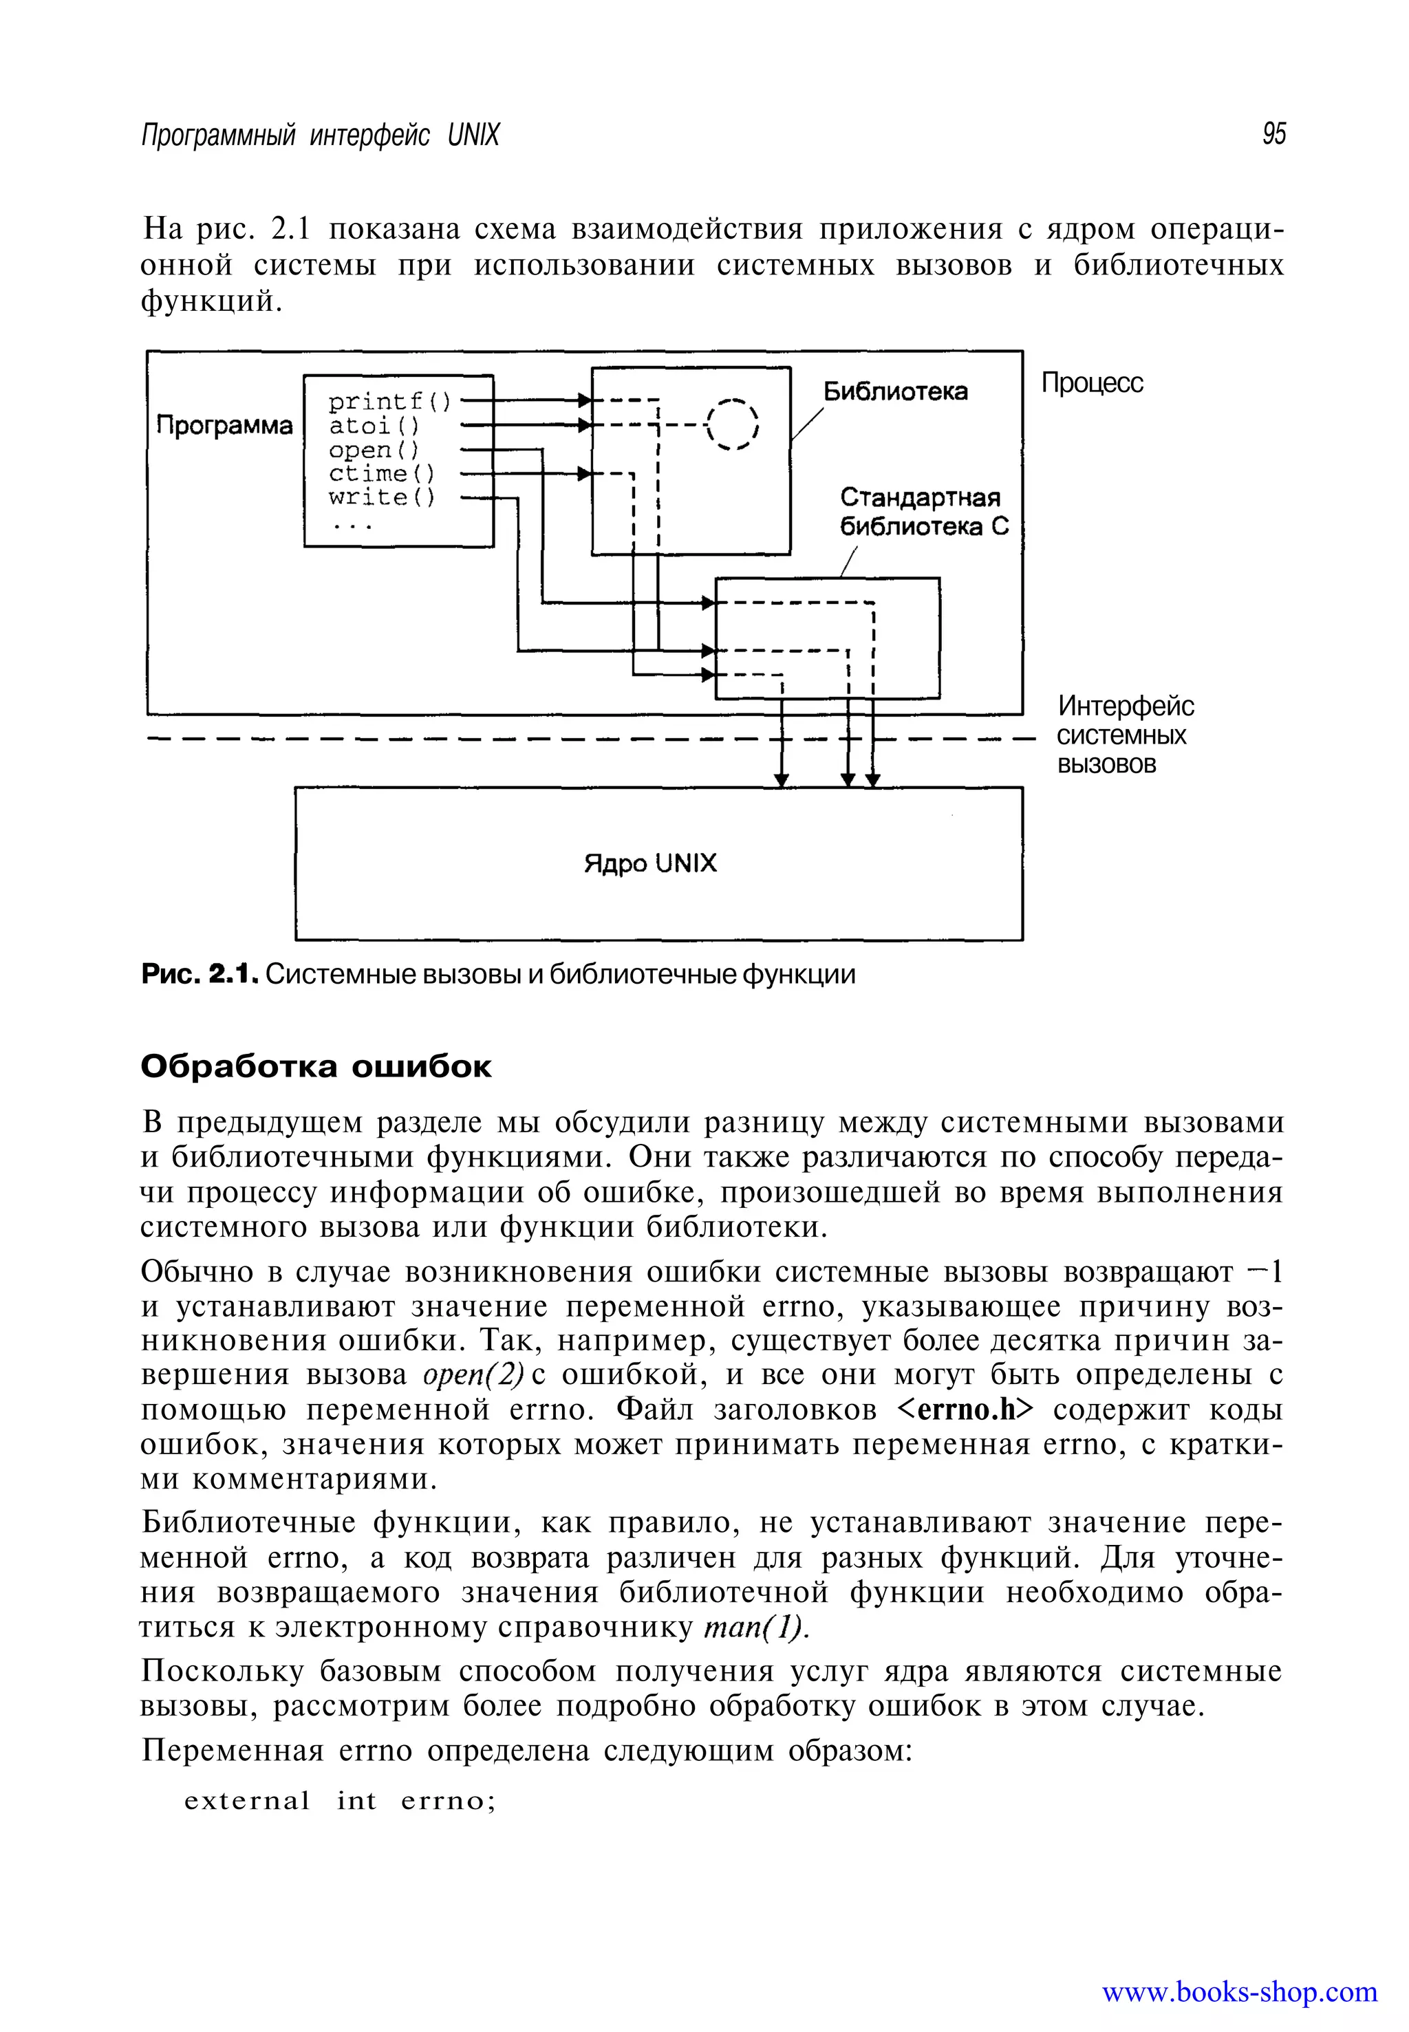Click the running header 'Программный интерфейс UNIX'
(x=321, y=135)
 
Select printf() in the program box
(x=389, y=402)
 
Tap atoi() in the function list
(x=374, y=426)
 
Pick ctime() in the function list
(x=381, y=474)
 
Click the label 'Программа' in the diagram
(x=224, y=426)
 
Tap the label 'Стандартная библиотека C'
(x=923, y=512)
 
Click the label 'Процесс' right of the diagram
(x=1092, y=383)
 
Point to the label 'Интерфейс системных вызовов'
(x=1124, y=735)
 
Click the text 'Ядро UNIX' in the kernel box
(x=651, y=863)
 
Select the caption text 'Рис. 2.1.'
(x=200, y=975)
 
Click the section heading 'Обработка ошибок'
(x=316, y=1066)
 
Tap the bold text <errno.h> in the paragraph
(x=965, y=1409)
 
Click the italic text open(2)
(x=474, y=1374)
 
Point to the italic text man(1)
(x=755, y=1627)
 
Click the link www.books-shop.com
(x=1238, y=1992)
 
